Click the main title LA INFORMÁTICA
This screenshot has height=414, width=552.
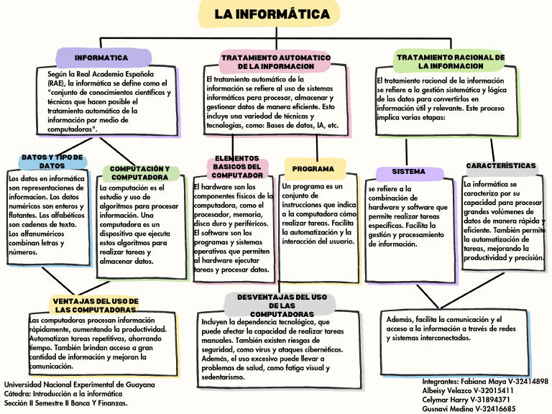[x=273, y=14]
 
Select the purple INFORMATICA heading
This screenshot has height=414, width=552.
[x=101, y=57]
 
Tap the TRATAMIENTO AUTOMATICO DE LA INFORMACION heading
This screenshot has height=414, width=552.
[x=275, y=62]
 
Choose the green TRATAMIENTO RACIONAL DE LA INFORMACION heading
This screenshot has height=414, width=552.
[x=451, y=61]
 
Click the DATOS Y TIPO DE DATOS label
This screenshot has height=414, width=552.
[x=52, y=161]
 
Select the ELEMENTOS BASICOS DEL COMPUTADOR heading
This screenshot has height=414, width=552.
[x=237, y=167]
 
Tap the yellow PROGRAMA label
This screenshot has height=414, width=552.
[x=313, y=169]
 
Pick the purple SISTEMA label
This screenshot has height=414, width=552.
[x=408, y=172]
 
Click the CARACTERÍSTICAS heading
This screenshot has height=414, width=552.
[x=501, y=166]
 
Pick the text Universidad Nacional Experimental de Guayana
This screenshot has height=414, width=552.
[x=79, y=385]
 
